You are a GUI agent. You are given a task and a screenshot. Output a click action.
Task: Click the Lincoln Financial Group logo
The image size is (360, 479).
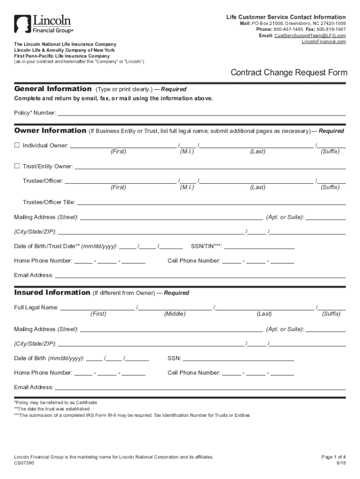pos(43,24)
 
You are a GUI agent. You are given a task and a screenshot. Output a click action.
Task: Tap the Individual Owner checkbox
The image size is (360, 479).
pos(17,145)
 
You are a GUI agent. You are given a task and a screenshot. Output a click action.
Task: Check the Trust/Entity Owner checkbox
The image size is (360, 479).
pos(17,166)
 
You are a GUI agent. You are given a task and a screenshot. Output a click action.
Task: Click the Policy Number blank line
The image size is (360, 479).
pos(201,113)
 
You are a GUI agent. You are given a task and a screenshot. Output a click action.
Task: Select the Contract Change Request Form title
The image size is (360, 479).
pos(288,73)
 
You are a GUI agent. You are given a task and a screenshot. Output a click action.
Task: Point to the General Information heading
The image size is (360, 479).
pos(53,89)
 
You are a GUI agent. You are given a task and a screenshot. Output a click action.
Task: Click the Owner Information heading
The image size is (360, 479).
pos(50,131)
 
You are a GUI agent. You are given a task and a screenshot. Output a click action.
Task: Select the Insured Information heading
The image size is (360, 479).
pos(52,292)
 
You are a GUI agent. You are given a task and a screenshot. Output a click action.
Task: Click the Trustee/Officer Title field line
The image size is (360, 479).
pos(210,203)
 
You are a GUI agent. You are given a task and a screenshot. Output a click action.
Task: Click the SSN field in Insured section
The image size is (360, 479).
pos(238,359)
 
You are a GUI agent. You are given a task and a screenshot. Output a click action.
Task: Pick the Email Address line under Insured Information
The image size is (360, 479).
pos(200,387)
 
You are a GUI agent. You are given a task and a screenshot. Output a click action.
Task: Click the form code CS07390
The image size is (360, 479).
pos(24,463)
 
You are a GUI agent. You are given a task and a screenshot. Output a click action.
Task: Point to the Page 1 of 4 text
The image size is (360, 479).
pos(334,457)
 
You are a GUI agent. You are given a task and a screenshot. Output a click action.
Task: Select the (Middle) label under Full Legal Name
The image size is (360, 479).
pos(174,314)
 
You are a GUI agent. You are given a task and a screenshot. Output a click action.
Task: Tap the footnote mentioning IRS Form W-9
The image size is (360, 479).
pos(132,415)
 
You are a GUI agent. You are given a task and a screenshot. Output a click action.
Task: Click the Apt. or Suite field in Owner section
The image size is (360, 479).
pos(326,218)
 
